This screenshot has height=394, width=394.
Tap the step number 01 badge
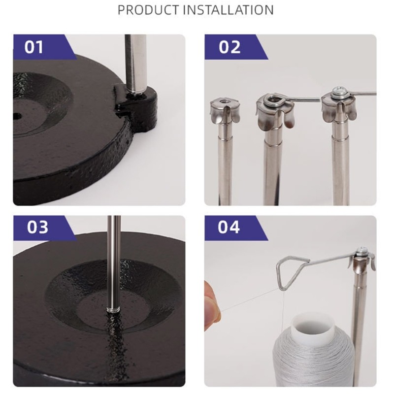[34, 47]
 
